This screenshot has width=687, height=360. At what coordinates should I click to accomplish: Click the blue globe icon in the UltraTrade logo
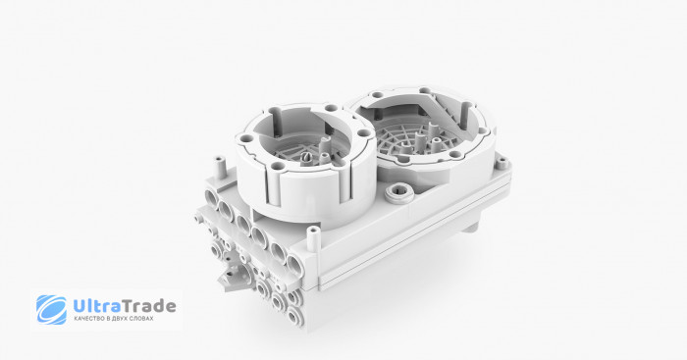point(52,309)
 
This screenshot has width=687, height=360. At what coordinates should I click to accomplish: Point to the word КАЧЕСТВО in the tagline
point(88,319)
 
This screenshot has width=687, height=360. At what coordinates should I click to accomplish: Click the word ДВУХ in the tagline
point(122,319)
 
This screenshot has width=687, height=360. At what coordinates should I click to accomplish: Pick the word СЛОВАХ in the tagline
point(143,319)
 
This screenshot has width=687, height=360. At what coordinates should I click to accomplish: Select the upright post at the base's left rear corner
point(219,168)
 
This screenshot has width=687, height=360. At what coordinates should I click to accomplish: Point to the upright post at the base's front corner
point(313,238)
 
